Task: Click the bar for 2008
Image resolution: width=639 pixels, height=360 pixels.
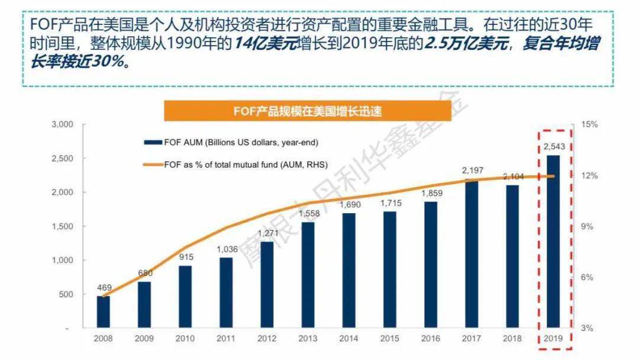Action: pyautogui.click(x=103, y=312)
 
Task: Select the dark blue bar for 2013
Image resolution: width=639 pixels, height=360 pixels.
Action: pyautogui.click(x=308, y=275)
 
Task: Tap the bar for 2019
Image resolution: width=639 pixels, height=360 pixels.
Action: pyautogui.click(x=553, y=242)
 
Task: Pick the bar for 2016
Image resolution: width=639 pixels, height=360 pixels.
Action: pyautogui.click(x=430, y=265)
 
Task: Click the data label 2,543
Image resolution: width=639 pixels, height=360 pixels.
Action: pyautogui.click(x=554, y=147)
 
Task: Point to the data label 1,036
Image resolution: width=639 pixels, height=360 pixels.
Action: pyautogui.click(x=227, y=249)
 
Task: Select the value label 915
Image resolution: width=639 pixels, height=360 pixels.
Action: pyautogui.click(x=186, y=257)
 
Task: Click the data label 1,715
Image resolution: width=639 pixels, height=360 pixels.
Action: pyautogui.click(x=391, y=203)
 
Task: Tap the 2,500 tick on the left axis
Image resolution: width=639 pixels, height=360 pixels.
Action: pyautogui.click(x=62, y=158)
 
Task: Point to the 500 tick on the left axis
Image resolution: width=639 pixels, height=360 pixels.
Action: pyautogui.click(x=66, y=294)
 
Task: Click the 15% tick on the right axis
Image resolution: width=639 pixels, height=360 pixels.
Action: pyautogui.click(x=589, y=124)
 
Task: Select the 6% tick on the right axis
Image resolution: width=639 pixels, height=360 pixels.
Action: pyautogui.click(x=587, y=277)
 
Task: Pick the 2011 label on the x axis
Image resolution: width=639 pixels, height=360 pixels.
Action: pyautogui.click(x=226, y=339)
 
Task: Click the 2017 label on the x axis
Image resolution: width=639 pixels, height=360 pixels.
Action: pyautogui.click(x=472, y=339)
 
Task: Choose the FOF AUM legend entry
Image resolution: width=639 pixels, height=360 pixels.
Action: pyautogui.click(x=231, y=143)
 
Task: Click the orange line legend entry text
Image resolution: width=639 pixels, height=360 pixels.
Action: pyautogui.click(x=246, y=165)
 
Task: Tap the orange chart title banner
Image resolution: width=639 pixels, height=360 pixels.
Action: pyautogui.click(x=308, y=111)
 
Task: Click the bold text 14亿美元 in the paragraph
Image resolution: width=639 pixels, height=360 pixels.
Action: pyautogui.click(x=266, y=43)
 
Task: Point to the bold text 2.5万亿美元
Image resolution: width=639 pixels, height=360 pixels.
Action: pyautogui.click(x=466, y=43)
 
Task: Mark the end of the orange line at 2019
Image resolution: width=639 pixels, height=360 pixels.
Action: pyautogui.click(x=554, y=176)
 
